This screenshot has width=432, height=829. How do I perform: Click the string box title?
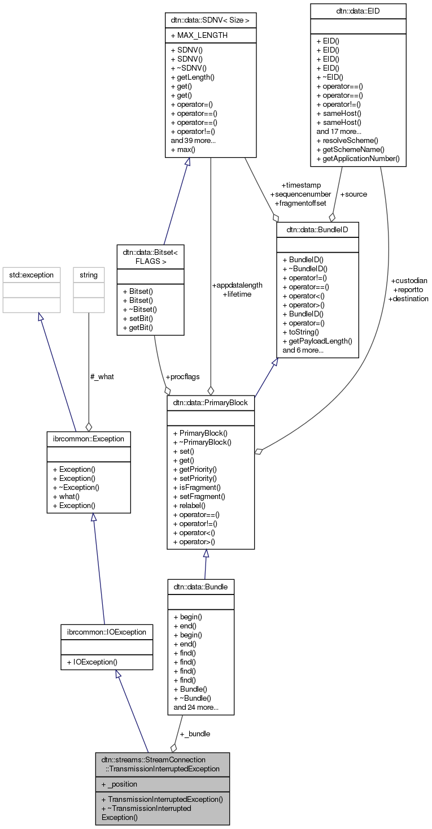(89, 275)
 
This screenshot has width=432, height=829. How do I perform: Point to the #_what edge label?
(102, 376)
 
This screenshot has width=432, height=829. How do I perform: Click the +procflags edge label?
(182, 376)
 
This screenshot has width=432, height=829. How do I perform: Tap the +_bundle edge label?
(195, 733)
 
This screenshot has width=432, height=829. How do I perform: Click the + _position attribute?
(119, 784)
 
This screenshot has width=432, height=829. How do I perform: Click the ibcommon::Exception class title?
(89, 438)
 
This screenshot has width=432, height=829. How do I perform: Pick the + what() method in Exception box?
(66, 497)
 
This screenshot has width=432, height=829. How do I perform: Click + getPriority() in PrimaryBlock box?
(195, 469)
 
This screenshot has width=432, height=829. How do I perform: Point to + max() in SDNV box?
(183, 149)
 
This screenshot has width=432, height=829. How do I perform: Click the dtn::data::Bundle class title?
(200, 587)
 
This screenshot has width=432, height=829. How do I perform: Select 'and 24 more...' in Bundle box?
(196, 707)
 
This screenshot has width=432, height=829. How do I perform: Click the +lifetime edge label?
(237, 294)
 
